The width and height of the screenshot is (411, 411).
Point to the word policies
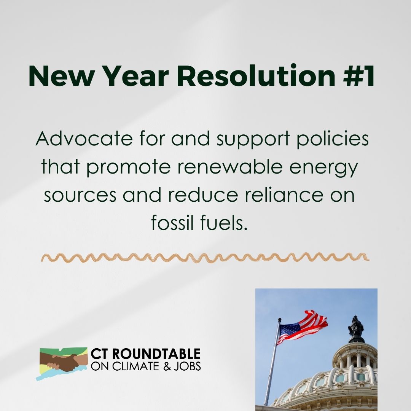(333, 139)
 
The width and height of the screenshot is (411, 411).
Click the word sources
(80, 195)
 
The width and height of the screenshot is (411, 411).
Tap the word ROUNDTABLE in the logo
(156, 354)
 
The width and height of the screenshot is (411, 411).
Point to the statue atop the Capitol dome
(356, 328)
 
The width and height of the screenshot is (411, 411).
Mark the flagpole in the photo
(272, 362)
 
